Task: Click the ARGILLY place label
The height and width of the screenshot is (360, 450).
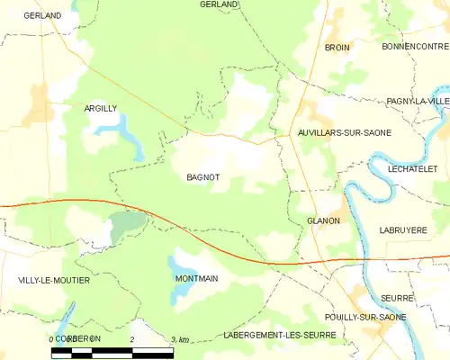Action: [x=101, y=108]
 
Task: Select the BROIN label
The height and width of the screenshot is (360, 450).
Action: [x=337, y=47]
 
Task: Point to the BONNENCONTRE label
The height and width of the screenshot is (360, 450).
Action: [x=414, y=46]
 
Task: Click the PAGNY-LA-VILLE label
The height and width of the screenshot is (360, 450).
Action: [x=418, y=102]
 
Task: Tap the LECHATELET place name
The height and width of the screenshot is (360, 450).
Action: [x=413, y=168]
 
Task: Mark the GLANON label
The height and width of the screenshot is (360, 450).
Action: [x=323, y=220]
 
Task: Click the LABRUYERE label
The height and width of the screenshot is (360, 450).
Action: [x=402, y=230]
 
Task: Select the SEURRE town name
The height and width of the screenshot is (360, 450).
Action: [x=396, y=297]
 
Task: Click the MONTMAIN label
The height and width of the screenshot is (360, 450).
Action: [x=196, y=279]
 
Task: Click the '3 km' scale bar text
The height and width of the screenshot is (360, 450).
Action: [x=179, y=339]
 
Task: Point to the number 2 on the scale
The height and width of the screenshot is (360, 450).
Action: [x=132, y=338]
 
